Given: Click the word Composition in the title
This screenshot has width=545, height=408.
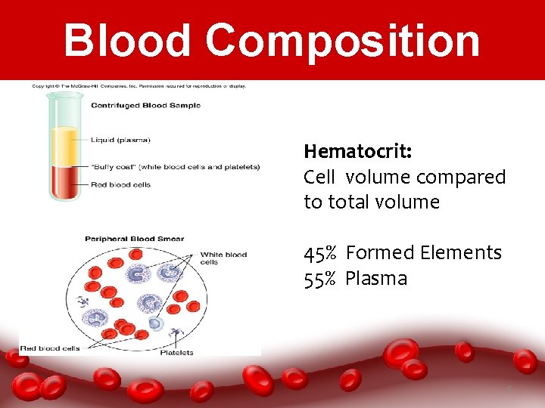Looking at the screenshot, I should (x=343, y=42).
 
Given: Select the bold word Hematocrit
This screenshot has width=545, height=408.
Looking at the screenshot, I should (x=357, y=151).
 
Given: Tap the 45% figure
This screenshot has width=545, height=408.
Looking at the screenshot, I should (x=321, y=252).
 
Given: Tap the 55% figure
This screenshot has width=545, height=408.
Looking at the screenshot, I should (x=321, y=278).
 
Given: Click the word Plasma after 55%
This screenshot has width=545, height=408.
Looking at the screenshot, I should (x=376, y=278).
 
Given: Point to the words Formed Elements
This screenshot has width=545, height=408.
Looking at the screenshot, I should (x=423, y=252).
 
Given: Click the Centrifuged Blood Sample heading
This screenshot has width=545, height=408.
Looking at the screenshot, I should (x=145, y=105).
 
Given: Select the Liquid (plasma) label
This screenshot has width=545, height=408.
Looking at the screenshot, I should (x=120, y=140).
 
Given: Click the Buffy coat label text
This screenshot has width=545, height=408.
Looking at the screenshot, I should (x=175, y=167).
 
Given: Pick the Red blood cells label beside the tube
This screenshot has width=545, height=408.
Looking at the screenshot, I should (x=121, y=184).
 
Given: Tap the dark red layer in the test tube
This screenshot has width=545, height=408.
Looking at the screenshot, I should (x=64, y=181).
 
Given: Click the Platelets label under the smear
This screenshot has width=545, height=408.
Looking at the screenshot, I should (x=177, y=352).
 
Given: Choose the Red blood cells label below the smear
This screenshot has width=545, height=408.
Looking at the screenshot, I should (x=50, y=348).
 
